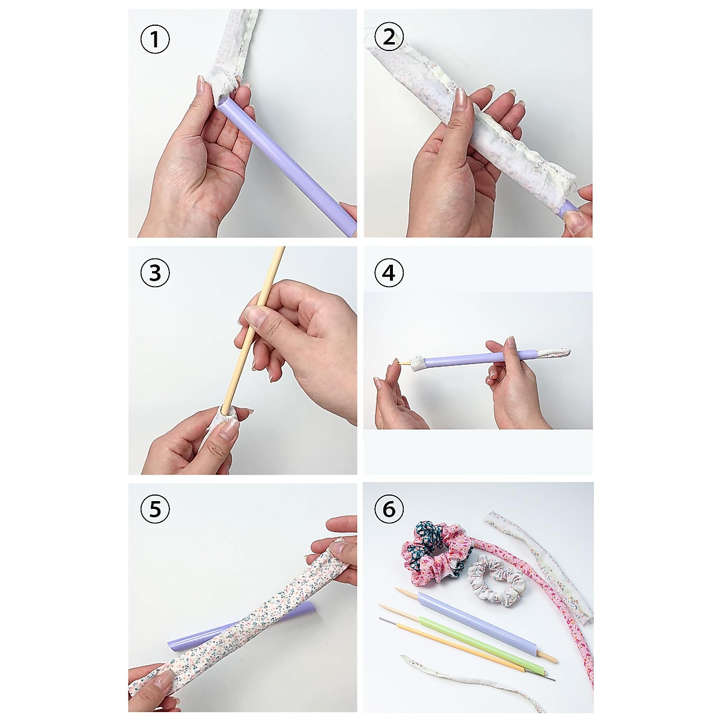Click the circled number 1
click(x=155, y=40)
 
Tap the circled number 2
click(x=389, y=38)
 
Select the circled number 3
click(x=155, y=273)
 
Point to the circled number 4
click(x=389, y=273)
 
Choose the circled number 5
click(x=155, y=510)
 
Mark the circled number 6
click(x=389, y=510)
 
